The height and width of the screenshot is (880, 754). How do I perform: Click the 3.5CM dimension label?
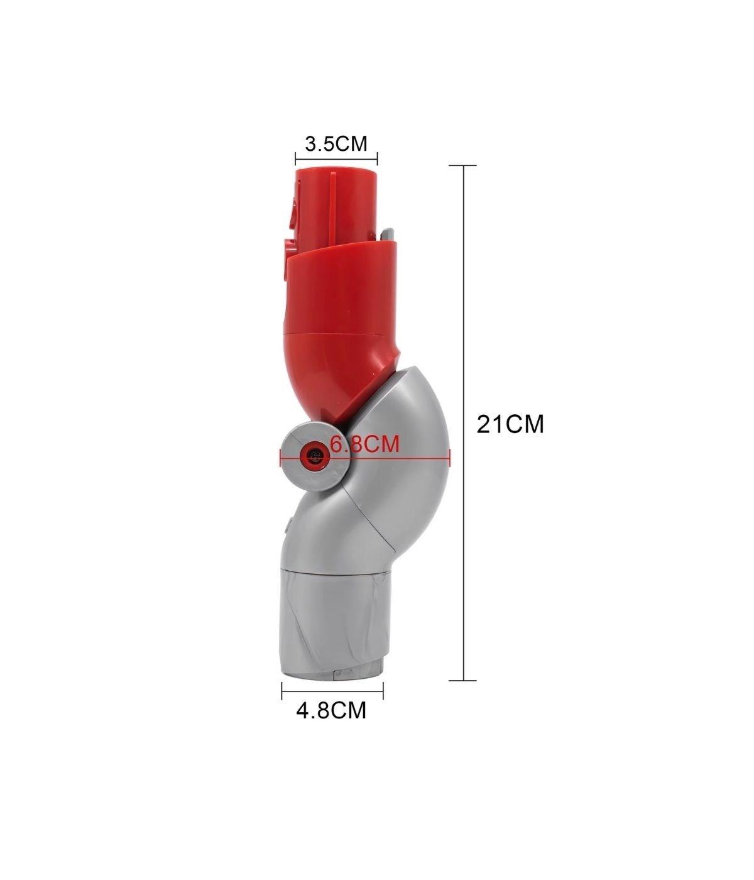[336, 143]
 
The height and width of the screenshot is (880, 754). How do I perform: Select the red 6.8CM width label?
[364, 444]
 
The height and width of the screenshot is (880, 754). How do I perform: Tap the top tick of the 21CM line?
[464, 166]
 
